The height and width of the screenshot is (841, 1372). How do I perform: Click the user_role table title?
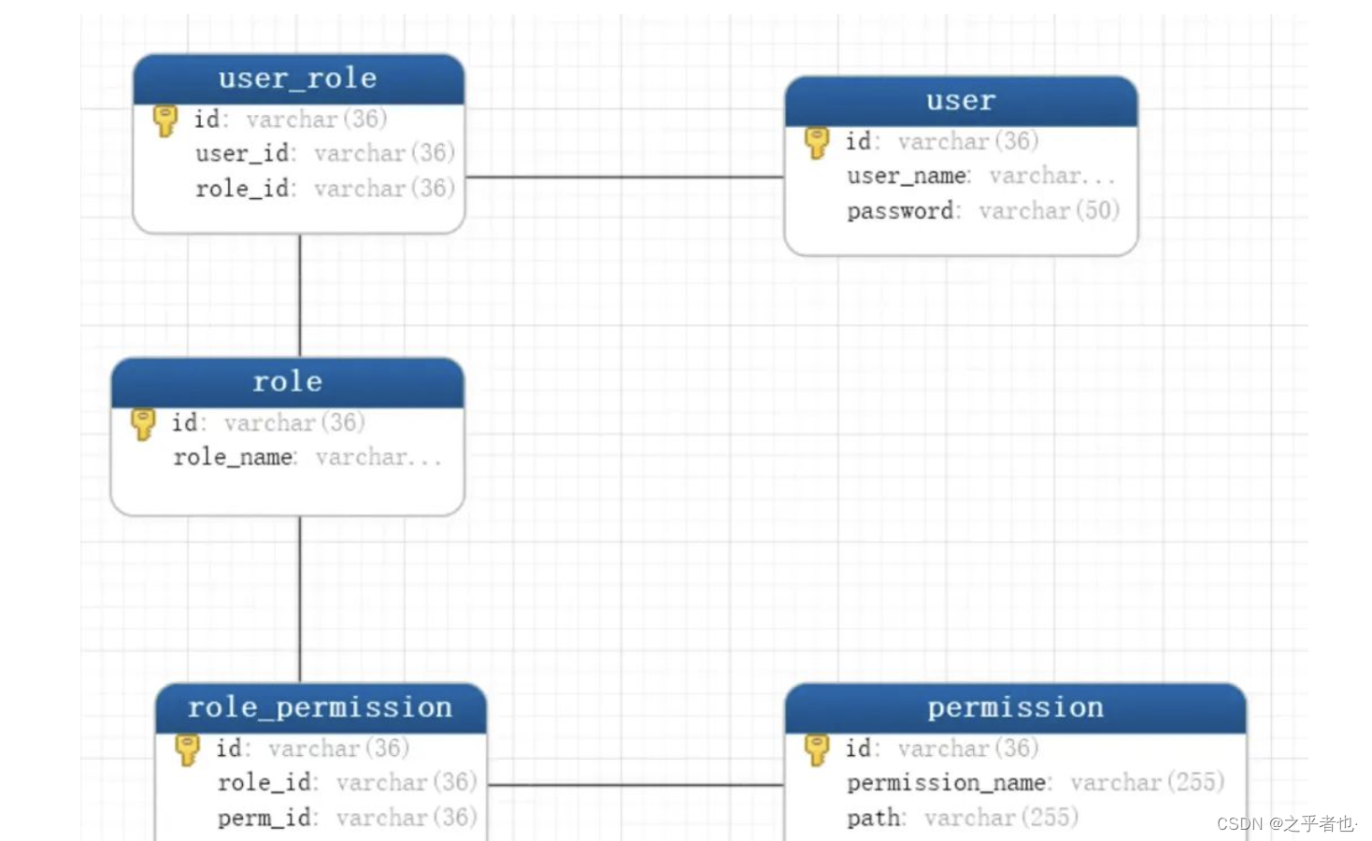tap(297, 78)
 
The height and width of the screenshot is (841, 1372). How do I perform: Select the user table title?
tap(961, 101)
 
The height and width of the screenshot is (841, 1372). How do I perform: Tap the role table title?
tap(287, 382)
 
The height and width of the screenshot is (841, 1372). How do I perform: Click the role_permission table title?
tap(320, 707)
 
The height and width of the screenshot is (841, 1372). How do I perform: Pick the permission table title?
tap(1015, 707)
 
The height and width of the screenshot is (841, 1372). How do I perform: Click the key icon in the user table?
tap(816, 142)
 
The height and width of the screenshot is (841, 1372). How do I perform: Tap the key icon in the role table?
tap(143, 423)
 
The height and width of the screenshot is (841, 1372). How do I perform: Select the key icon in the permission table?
tap(816, 748)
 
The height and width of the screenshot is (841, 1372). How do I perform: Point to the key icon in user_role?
tap(165, 121)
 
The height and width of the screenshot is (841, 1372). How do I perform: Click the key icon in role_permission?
tap(187, 748)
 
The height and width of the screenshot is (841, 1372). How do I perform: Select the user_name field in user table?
tap(907, 176)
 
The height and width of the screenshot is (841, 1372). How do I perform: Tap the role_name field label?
tap(233, 457)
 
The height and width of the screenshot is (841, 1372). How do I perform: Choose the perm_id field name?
tap(264, 818)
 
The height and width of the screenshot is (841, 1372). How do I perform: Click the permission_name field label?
tap(946, 782)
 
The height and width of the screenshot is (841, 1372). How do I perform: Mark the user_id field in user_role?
tap(243, 153)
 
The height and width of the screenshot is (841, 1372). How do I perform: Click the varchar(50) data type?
tap(1049, 211)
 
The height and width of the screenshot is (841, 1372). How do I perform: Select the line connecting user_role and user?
tap(624, 177)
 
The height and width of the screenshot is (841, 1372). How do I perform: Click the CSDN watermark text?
tap(1285, 823)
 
